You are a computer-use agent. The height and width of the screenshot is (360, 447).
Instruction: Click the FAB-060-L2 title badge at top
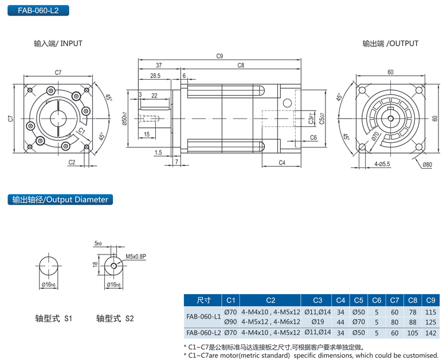35,10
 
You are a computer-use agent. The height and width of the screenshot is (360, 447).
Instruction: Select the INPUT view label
58,44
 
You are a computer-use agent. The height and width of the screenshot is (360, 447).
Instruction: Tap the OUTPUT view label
390,44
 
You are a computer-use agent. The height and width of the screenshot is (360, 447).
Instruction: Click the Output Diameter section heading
60,199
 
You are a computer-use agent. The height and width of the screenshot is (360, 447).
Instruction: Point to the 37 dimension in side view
159,66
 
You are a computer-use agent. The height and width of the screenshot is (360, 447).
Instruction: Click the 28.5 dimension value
155,76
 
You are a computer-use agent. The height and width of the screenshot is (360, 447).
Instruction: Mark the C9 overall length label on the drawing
219,56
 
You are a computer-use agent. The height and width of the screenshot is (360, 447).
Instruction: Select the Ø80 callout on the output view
427,165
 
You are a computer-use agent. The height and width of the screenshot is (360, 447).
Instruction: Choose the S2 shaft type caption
115,318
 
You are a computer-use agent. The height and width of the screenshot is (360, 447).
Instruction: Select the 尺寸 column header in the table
203,300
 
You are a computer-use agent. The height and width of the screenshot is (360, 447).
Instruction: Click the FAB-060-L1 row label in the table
203,316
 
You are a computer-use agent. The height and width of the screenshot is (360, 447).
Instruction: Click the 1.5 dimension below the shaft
158,152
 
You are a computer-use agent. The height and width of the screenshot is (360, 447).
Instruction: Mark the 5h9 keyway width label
99,243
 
